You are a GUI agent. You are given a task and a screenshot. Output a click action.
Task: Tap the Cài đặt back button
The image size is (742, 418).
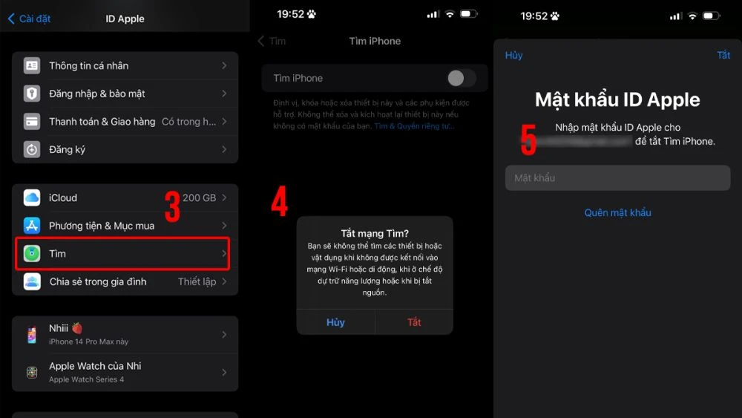pyautogui.click(x=30, y=19)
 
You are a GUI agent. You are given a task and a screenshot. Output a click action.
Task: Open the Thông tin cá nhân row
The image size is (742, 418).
pyautogui.click(x=125, y=66)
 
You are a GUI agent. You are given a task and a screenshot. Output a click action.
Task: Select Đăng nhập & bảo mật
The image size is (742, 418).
pyautogui.click(x=125, y=94)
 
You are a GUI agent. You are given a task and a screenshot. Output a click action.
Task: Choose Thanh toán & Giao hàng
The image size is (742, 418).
pyautogui.click(x=125, y=122)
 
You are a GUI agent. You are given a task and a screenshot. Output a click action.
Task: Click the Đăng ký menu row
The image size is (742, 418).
pyautogui.click(x=125, y=149)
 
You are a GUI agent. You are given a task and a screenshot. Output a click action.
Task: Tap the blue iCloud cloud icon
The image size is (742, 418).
pyautogui.click(x=31, y=197)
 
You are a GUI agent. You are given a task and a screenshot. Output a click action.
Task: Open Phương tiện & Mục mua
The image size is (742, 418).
pyautogui.click(x=125, y=226)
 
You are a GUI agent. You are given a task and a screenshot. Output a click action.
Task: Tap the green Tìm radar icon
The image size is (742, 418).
pyautogui.click(x=31, y=254)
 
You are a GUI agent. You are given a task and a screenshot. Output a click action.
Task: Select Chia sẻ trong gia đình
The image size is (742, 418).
pyautogui.click(x=125, y=281)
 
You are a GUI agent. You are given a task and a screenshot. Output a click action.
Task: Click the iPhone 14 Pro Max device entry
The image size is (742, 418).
pyautogui.click(x=125, y=334)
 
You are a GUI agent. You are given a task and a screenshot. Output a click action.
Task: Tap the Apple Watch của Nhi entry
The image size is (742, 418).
pyautogui.click(x=125, y=372)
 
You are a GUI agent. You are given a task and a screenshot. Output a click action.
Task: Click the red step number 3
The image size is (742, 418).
pyautogui.click(x=172, y=207)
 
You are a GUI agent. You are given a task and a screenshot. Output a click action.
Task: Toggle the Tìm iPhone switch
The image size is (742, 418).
pyautogui.click(x=461, y=78)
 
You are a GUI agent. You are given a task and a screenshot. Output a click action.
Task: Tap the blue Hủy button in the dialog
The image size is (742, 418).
pyautogui.click(x=335, y=322)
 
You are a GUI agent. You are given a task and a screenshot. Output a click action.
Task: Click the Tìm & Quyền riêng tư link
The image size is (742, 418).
pyautogui.click(x=414, y=126)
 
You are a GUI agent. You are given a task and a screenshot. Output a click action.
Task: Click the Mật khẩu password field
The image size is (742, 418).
pyautogui.click(x=617, y=178)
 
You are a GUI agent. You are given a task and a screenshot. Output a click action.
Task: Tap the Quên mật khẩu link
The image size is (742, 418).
pyautogui.click(x=617, y=213)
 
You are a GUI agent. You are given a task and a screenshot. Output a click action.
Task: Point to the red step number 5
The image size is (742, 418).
pyautogui.click(x=528, y=140)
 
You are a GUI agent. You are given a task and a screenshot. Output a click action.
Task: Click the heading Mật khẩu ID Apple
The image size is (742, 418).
pyautogui.click(x=617, y=100)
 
